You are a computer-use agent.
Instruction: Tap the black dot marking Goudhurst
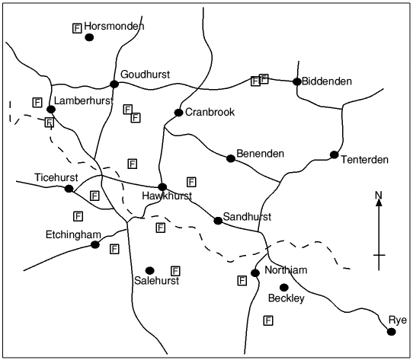(114, 84)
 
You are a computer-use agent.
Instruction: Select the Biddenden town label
(326, 81)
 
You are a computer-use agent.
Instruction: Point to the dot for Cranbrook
(178, 113)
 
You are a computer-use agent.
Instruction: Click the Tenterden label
(364, 160)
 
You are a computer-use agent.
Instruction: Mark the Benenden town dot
(231, 158)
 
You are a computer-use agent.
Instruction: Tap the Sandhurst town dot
(218, 221)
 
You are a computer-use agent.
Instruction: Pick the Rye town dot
(392, 331)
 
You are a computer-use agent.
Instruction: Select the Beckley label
(286, 298)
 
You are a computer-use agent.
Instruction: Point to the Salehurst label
(155, 281)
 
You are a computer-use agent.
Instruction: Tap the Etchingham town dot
(95, 244)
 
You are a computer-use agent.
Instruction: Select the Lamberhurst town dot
(51, 110)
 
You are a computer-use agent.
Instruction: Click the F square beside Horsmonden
(76, 28)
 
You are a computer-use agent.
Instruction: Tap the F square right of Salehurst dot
(175, 270)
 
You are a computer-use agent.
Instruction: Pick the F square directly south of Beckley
(268, 320)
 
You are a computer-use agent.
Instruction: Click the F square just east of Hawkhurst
(191, 181)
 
